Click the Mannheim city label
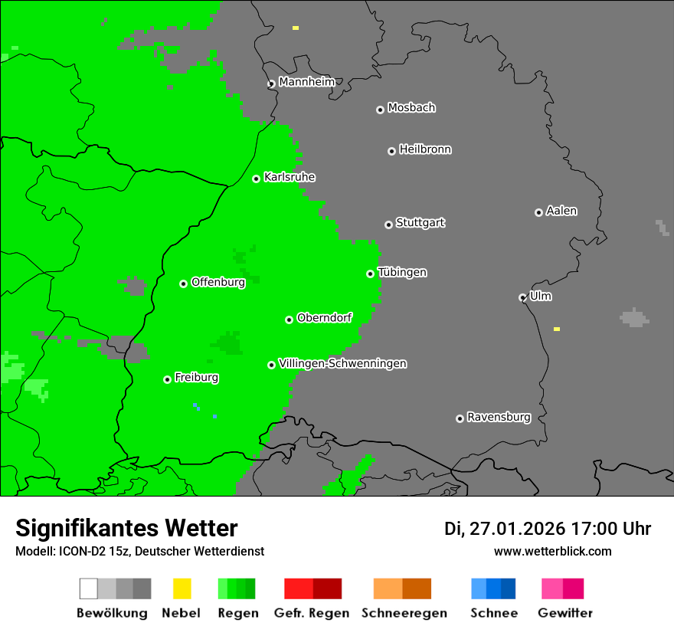coord(306,82)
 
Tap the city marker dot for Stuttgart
coord(388,225)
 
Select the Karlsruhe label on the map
coord(289,177)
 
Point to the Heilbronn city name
coord(425,149)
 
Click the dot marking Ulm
coord(522,297)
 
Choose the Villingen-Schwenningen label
coord(342,363)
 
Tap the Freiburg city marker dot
coord(167,379)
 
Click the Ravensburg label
coord(499,418)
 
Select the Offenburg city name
coord(218,282)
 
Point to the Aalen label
coord(561,211)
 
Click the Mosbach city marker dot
coord(380,110)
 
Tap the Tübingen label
coord(402,273)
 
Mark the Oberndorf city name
coord(324,318)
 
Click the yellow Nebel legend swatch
coord(182,588)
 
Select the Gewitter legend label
coord(564,613)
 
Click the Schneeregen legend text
coord(404,613)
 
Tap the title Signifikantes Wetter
coord(126,528)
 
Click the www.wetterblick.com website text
coord(552,551)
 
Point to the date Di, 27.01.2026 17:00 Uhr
coord(547,529)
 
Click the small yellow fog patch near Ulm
coord(557,329)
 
